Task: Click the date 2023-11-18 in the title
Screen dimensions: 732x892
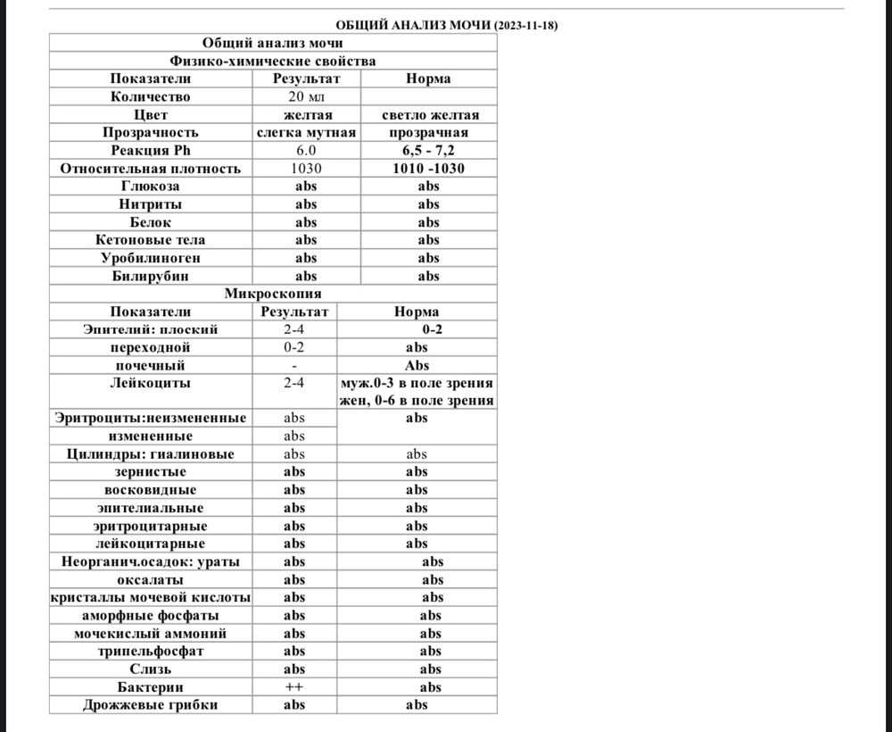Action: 526,26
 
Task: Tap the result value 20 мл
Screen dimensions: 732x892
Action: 306,96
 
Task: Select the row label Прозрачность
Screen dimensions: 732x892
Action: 151,132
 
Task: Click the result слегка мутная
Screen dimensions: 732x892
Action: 306,132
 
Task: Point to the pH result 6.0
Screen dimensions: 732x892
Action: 306,150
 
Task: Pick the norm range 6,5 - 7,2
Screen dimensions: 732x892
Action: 428,150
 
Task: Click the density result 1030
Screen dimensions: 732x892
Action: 306,168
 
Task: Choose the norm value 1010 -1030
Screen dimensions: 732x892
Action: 428,168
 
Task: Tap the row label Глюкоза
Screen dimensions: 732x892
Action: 151,186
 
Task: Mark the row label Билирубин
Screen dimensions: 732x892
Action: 151,276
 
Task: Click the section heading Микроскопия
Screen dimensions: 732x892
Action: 273,293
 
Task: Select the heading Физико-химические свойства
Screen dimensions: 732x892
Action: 273,61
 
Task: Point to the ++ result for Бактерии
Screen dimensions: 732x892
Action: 294,686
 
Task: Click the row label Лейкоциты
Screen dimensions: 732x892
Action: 151,383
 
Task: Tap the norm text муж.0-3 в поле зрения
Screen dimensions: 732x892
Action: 417,383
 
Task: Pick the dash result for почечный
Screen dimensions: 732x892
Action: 294,365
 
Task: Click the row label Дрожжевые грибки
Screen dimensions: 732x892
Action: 151,704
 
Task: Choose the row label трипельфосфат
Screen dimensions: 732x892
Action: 151,651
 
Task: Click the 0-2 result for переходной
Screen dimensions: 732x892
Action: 294,347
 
